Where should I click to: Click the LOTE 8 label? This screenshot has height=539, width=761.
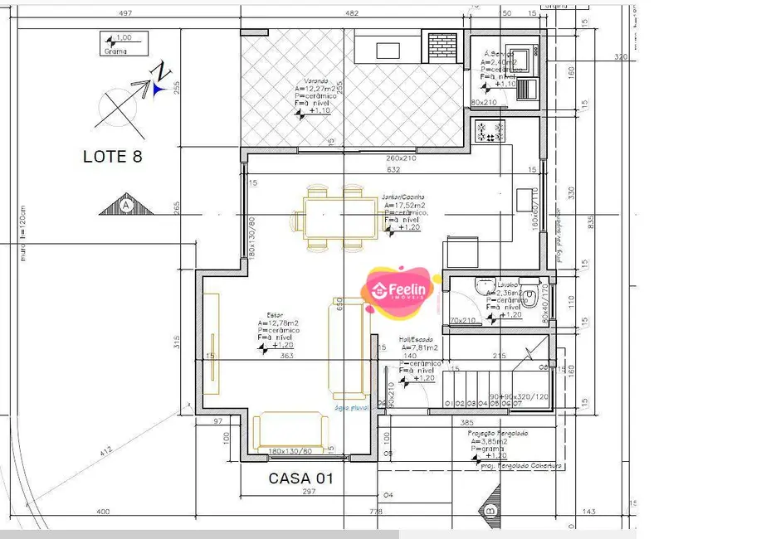click(113, 156)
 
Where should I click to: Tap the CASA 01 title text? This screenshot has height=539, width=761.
click(300, 478)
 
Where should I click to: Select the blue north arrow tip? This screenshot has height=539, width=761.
click(159, 83)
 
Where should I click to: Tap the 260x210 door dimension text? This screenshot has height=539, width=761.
click(400, 158)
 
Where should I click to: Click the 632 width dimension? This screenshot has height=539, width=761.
click(393, 170)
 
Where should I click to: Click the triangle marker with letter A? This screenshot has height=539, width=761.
click(126, 203)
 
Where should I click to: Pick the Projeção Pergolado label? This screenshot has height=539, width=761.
click(498, 434)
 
